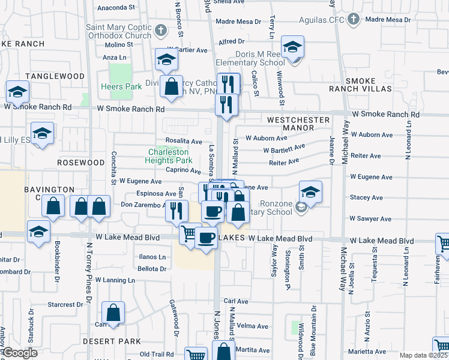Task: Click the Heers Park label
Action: tap(122, 86)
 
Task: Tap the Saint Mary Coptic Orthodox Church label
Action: tap(118, 31)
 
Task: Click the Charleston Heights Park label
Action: tap(170, 156)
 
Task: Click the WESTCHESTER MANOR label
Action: tap(298, 124)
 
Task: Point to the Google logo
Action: tap(20, 353)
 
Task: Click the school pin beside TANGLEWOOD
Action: tap(17, 92)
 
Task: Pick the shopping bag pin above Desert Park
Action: tap(113, 312)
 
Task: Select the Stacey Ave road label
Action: tap(366, 196)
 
